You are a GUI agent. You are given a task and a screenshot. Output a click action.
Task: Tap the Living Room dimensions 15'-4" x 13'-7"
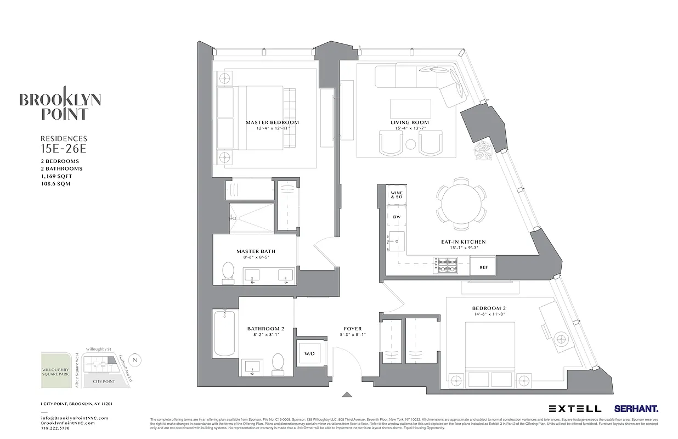410,128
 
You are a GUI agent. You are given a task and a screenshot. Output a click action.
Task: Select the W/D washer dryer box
309,354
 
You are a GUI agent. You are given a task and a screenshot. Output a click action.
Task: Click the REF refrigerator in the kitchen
483,267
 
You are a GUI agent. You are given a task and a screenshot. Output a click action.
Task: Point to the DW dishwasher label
397,217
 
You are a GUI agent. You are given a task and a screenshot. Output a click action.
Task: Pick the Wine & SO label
396,195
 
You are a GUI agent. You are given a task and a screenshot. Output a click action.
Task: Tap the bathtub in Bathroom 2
225,333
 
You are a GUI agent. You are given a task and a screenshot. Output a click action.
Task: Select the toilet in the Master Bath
228,271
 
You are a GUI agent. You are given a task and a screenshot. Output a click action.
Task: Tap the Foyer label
352,329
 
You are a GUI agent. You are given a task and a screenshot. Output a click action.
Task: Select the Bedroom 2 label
489,308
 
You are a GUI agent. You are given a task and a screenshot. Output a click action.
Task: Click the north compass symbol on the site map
137,360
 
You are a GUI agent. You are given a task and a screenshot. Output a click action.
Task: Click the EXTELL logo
574,409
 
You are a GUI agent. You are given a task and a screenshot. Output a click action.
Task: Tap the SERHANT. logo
636,409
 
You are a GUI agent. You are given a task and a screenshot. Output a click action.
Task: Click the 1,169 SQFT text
56,176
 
